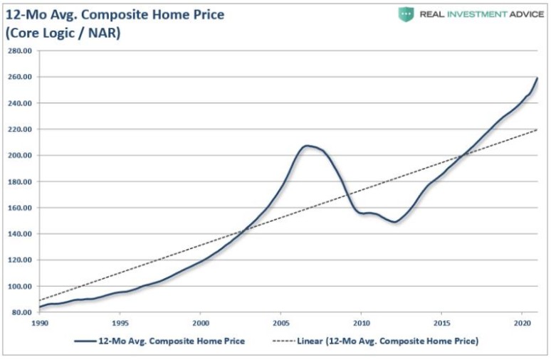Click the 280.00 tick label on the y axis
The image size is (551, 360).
tap(21, 51)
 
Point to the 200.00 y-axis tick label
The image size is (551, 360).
tap(21, 155)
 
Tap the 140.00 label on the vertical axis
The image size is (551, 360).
tap(21, 234)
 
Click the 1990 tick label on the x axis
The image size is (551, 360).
tap(40, 321)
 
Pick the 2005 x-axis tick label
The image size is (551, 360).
tap(280, 321)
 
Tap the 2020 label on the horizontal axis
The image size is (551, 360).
tap(522, 321)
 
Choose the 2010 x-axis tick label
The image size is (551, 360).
tap(361, 321)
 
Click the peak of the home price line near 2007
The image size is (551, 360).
tap(308, 146)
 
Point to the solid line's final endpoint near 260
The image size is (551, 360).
tap(537, 78)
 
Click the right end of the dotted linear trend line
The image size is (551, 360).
tap(537, 129)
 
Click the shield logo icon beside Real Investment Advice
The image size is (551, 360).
tap(406, 14)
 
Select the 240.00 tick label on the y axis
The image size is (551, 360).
tap(21, 103)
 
